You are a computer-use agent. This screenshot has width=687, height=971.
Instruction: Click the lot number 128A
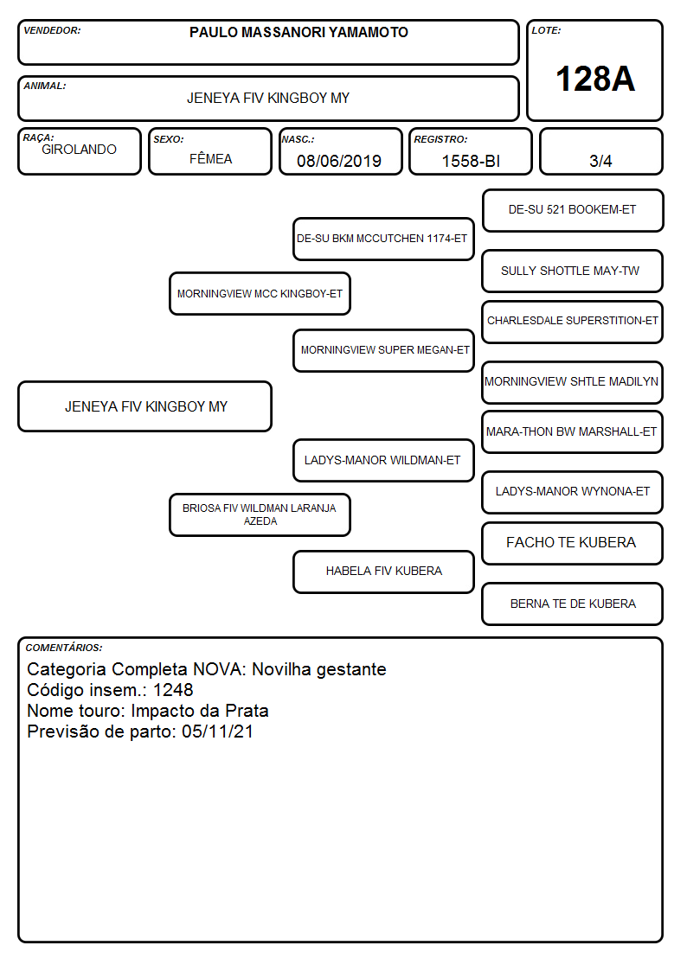595,80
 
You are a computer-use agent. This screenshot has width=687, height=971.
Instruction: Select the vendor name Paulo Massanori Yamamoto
299,32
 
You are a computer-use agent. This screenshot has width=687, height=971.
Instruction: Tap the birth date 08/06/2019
339,161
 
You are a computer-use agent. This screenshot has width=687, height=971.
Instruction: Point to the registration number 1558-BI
471,161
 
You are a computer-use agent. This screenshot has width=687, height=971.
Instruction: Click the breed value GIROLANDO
79,150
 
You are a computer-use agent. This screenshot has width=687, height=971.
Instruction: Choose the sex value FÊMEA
210,158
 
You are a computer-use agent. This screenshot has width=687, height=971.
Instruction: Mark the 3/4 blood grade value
600,161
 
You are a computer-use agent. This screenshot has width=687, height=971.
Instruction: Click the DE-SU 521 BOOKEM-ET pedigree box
573,211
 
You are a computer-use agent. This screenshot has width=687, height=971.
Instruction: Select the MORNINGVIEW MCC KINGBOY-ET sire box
260,293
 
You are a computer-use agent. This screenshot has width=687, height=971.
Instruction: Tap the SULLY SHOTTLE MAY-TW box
573,271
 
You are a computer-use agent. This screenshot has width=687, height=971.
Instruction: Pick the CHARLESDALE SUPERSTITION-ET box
573,322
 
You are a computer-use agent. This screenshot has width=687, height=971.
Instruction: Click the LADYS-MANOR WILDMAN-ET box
383,460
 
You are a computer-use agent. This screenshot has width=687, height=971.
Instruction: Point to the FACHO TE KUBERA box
573,543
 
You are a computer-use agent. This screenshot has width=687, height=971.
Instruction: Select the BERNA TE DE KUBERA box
573,604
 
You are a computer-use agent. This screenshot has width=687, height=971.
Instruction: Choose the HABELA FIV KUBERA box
383,572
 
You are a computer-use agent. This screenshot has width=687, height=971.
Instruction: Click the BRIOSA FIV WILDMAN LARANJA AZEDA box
260,514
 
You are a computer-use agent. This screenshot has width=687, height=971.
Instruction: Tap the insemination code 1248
173,690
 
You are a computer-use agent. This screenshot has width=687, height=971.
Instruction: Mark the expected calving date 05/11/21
217,731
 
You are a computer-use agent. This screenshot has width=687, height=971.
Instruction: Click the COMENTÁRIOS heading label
64,648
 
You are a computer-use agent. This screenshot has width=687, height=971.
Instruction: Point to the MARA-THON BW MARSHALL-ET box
573,432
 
